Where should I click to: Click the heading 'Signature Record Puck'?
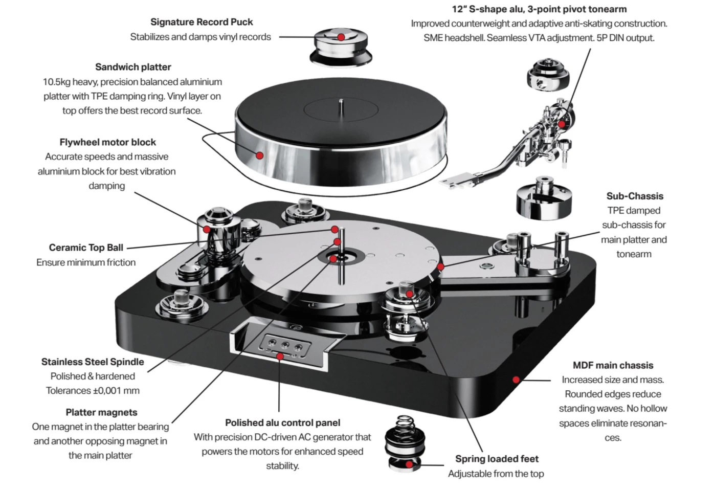(x=202, y=22)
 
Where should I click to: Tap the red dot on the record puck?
(x=341, y=37)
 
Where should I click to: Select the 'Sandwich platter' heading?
(x=133, y=67)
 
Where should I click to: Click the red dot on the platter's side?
(x=260, y=155)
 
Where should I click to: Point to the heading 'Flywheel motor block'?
(x=107, y=142)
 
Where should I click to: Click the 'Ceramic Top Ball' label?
(x=86, y=248)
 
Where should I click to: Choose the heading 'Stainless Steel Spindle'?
(x=93, y=362)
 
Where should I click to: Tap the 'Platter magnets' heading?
(x=101, y=412)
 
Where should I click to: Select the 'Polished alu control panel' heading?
(x=282, y=422)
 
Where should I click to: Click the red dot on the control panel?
(x=280, y=356)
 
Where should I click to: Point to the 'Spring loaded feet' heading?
(x=497, y=459)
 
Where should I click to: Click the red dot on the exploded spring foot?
(x=409, y=464)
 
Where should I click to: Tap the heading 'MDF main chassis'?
(x=613, y=365)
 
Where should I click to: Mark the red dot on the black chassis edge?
(x=516, y=380)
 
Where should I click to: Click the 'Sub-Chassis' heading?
(x=634, y=196)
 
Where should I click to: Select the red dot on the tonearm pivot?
(x=561, y=124)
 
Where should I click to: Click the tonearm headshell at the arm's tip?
(x=458, y=180)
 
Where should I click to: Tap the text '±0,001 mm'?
(x=117, y=391)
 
